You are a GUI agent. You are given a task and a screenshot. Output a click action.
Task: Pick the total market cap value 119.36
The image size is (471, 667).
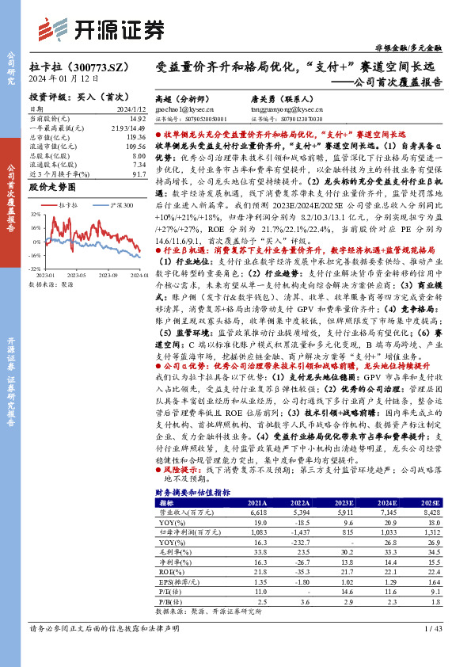(135, 137)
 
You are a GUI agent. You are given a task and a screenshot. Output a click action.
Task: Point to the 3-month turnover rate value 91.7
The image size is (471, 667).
(139, 173)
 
